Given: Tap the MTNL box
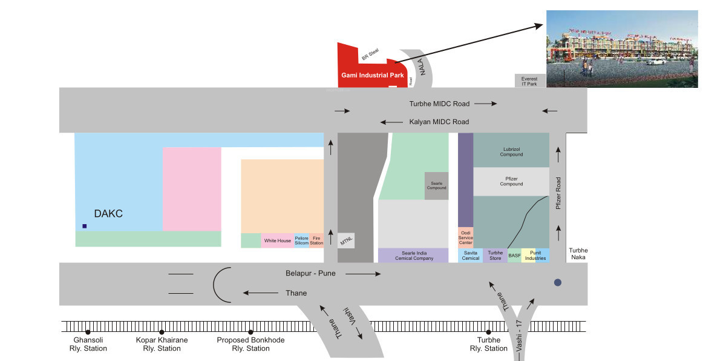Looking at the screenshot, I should coord(346,240).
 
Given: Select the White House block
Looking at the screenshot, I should coord(278,240).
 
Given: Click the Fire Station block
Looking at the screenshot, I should coord(317,240).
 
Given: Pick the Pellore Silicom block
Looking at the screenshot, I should coord(301,240).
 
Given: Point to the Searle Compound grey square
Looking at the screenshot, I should coord(436,185).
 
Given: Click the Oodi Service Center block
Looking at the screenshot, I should coord(465,237).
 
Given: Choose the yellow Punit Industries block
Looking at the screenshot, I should coord(535,256).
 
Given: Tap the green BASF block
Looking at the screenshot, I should coord(514,256).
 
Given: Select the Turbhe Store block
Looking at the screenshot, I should coord(495,256).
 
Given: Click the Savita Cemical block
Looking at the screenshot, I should coord(470,256).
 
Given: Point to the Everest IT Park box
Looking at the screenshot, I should coord(529,81).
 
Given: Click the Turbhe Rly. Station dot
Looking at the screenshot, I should coord(488,332).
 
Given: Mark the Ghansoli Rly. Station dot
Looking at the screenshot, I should coord(88,332).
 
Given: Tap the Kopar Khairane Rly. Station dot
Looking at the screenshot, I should coord(162,332).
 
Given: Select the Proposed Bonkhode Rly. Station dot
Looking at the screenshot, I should coord(250,332).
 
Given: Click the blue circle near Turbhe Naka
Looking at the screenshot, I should coord(558,282).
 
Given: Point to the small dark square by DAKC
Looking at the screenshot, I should coord(84,226).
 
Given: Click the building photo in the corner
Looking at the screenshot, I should coord(624,48).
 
